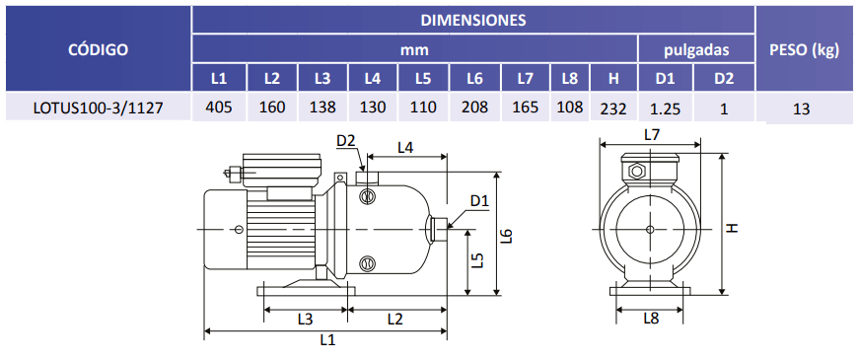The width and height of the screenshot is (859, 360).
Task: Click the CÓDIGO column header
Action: pos(98,50)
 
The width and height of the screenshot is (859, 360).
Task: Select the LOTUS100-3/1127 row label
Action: pos(98,108)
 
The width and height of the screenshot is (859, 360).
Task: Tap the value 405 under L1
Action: pos(219,107)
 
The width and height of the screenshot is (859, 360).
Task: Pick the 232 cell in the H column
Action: pos(613,109)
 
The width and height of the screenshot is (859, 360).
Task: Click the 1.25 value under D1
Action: pos(666,109)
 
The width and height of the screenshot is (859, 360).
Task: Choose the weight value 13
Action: pos(801,109)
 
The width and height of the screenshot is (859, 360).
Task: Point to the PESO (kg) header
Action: pos(804,51)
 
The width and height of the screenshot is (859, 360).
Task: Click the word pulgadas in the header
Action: pos(696,50)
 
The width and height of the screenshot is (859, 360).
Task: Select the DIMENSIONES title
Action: pos(473,21)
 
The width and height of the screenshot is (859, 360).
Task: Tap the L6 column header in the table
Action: pos(474,79)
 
